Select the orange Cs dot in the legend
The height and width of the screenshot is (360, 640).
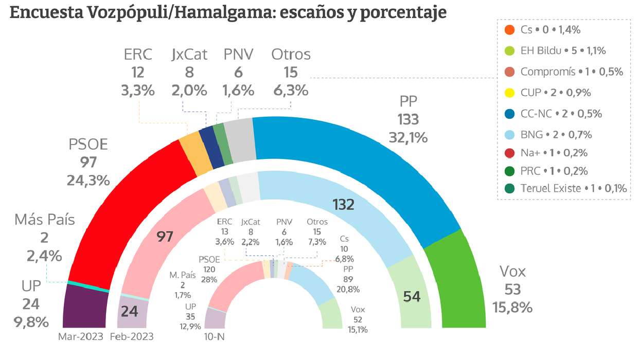(x=509, y=30)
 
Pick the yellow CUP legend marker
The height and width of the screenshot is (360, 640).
(x=509, y=93)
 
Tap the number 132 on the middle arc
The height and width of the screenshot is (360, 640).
(x=343, y=205)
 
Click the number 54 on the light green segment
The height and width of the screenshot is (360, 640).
(x=412, y=296)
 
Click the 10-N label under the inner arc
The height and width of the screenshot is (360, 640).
(x=215, y=337)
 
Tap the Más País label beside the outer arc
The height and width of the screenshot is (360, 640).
(x=44, y=220)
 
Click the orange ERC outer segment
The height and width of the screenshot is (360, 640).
(x=197, y=149)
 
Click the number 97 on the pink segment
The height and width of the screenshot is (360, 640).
(x=165, y=237)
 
